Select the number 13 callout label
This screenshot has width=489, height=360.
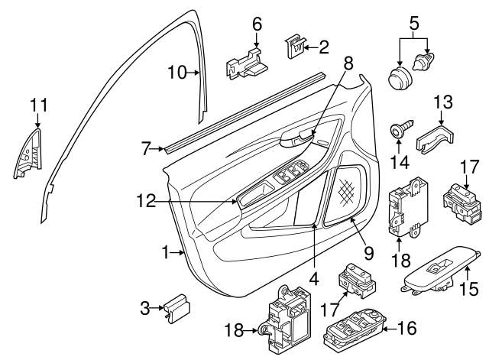point(443,101)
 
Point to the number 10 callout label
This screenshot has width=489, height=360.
point(177,73)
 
